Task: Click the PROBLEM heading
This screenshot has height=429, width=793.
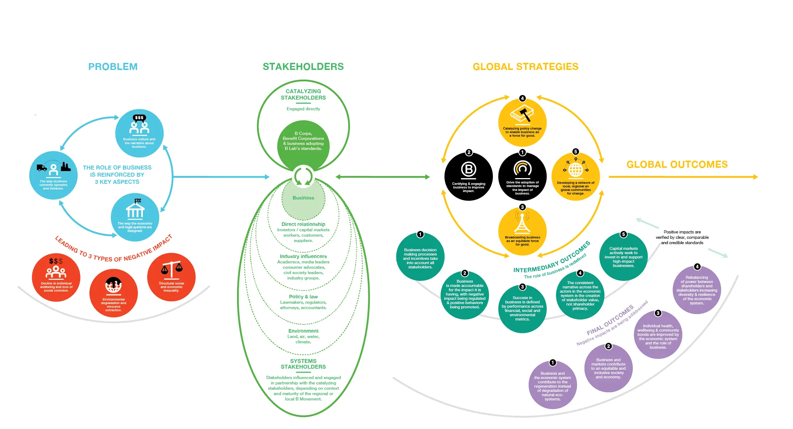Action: pyautogui.click(x=113, y=67)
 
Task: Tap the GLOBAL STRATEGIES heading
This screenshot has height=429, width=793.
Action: pyautogui.click(x=525, y=67)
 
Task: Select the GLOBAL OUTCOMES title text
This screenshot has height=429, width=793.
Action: pyautogui.click(x=677, y=165)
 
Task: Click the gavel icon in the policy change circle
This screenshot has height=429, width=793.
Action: pyautogui.click(x=522, y=115)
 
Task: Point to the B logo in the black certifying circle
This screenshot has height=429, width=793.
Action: pyautogui.click(x=469, y=170)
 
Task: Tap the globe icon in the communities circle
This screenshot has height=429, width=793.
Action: pyautogui.click(x=576, y=169)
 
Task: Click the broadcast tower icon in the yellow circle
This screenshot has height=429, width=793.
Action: pyautogui.click(x=522, y=223)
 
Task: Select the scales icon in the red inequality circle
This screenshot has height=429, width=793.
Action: pyautogui.click(x=171, y=270)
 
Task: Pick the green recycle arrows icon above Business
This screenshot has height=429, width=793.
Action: pyautogui.click(x=303, y=176)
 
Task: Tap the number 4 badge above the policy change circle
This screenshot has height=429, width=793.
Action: pyautogui.click(x=522, y=98)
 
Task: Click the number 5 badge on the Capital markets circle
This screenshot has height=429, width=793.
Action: pyautogui.click(x=623, y=234)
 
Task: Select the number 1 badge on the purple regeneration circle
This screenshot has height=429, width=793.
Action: pyautogui.click(x=552, y=363)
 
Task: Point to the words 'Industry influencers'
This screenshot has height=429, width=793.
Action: pyautogui.click(x=303, y=256)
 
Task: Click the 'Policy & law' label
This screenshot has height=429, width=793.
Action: pyautogui.click(x=303, y=297)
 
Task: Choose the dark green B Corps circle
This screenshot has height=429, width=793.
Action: pyautogui.click(x=303, y=143)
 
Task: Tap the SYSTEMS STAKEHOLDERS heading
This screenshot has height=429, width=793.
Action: pyautogui.click(x=303, y=364)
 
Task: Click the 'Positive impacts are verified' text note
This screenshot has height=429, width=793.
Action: pyautogui.click(x=682, y=237)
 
